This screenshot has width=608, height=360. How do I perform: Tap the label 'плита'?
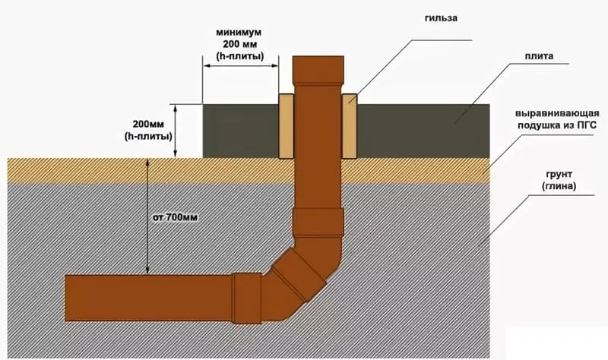[x=537, y=57]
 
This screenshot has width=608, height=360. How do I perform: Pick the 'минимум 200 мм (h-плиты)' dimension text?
[x=239, y=46]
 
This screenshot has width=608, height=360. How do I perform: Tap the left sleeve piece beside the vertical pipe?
[x=287, y=126]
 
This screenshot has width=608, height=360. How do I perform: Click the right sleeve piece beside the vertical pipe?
[x=350, y=126]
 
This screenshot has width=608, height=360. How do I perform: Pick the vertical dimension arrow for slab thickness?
[x=176, y=130]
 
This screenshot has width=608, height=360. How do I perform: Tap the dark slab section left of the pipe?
[x=241, y=131]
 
